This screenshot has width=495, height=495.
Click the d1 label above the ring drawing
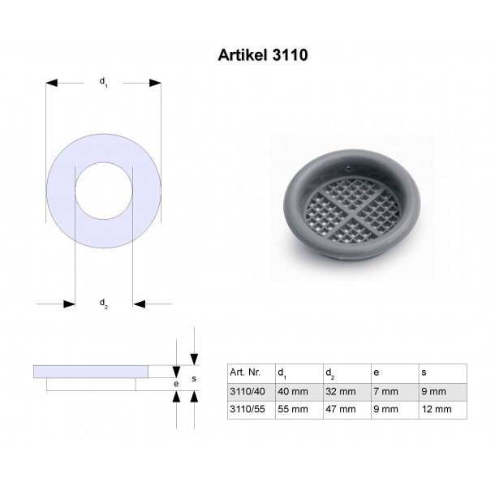coord(103,81)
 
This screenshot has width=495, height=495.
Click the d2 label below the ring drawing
coord(103,303)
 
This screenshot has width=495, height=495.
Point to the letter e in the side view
coord(176,381)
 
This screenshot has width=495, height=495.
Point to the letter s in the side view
coord(193,377)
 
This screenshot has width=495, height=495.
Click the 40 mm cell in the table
coord(292,391)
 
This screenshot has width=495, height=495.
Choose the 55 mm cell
coord(292,409)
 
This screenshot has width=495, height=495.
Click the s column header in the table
coord(424,373)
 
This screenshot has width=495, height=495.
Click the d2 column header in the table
coord(329,373)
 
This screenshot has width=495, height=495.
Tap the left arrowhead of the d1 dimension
coord(51,82)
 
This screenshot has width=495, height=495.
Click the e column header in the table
coord(377,373)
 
